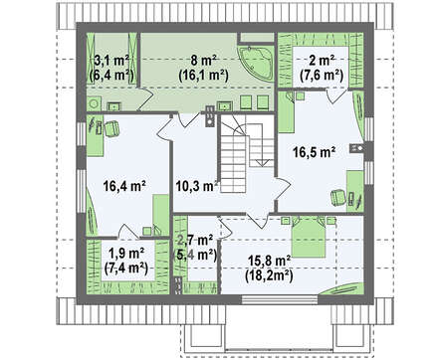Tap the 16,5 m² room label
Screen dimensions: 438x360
(314, 152)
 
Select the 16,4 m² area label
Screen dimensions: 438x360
(124, 186)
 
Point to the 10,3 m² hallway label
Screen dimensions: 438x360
(197, 186)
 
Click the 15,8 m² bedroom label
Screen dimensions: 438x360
(269, 261)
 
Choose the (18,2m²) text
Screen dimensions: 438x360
(269, 275)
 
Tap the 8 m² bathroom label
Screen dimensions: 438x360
(204, 61)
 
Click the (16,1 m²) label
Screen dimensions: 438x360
(204, 76)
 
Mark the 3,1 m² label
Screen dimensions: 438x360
(111, 61)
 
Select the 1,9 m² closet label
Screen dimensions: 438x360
(126, 254)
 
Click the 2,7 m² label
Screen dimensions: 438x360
(195, 240)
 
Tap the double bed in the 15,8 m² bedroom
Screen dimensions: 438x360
(309, 237)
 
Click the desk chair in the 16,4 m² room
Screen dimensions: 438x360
(111, 128)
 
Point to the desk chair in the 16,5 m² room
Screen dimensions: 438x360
(338, 196)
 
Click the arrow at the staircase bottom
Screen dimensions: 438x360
(262, 163)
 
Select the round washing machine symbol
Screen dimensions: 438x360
(94, 103)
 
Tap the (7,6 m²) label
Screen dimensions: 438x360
(322, 76)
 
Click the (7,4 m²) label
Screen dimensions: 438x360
(126, 269)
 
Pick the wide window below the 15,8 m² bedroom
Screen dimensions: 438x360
(280, 299)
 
